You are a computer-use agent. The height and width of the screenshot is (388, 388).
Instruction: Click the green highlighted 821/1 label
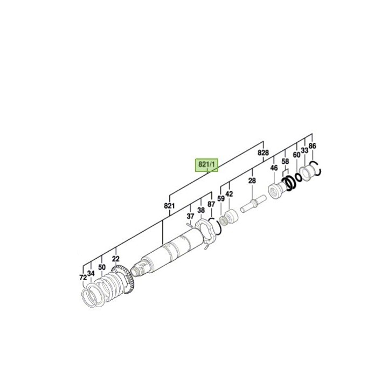(x=207, y=164)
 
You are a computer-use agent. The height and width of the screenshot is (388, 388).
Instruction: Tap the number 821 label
(x=169, y=206)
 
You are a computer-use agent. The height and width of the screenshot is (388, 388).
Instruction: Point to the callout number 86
(x=313, y=146)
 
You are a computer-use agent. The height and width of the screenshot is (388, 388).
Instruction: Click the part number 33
(x=304, y=150)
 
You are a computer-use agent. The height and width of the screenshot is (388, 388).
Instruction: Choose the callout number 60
(x=296, y=155)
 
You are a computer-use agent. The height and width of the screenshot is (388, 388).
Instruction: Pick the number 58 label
(x=286, y=161)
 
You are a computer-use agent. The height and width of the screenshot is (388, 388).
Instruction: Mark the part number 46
(x=274, y=169)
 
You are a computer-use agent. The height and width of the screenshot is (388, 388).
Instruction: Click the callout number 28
(x=251, y=181)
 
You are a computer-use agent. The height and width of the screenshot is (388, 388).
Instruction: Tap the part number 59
(x=221, y=199)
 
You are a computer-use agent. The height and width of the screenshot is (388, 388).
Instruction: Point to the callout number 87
(x=211, y=205)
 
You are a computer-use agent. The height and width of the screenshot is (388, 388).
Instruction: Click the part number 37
(x=190, y=217)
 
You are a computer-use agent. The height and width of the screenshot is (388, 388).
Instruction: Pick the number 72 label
(x=82, y=278)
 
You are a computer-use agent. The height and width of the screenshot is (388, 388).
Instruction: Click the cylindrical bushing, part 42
(x=232, y=218)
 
